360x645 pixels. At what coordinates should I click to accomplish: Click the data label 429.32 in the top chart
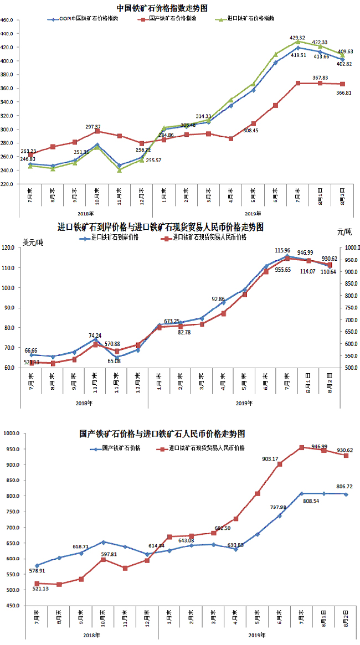[298, 38]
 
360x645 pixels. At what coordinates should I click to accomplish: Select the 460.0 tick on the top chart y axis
[8, 20]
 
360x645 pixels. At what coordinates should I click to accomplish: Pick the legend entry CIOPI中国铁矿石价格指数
[89, 18]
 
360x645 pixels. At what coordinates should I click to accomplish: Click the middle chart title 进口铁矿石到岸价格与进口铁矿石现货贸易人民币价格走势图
[161, 227]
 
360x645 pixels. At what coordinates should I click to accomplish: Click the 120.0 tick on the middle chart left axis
[9, 248]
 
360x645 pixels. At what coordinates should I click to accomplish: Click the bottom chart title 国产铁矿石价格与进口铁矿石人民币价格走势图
[162, 434]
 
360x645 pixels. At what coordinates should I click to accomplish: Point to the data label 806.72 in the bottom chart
[344, 487]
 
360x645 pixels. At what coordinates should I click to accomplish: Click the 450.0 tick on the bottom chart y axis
[10, 606]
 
